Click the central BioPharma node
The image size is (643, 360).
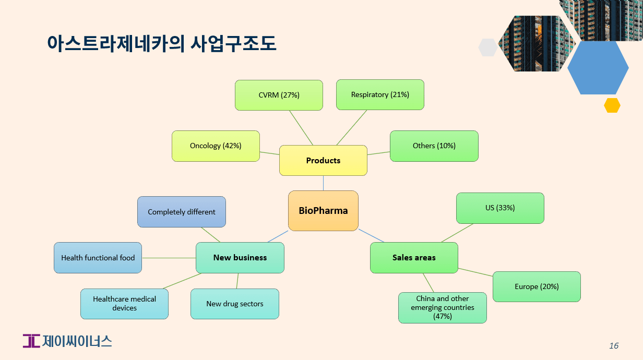[323, 211]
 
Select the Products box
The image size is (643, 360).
[323, 160]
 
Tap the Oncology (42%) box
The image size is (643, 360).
[216, 146]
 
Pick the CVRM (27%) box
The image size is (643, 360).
[279, 95]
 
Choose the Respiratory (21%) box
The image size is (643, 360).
[380, 94]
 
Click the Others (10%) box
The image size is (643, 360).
[434, 146]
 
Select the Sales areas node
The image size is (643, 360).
[414, 258]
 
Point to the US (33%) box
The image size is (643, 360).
[500, 208]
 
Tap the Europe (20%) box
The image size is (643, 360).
[537, 286]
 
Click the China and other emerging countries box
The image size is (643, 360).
[442, 307]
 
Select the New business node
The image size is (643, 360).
[240, 258]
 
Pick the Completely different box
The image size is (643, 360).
[182, 212]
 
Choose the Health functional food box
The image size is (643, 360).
[98, 258]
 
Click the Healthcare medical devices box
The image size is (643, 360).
[124, 304]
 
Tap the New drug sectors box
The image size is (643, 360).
[234, 304]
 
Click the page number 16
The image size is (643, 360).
[614, 346]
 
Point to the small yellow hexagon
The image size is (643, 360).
[612, 105]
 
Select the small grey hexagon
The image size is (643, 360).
[487, 47]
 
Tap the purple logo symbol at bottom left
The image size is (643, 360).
[31, 341]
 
